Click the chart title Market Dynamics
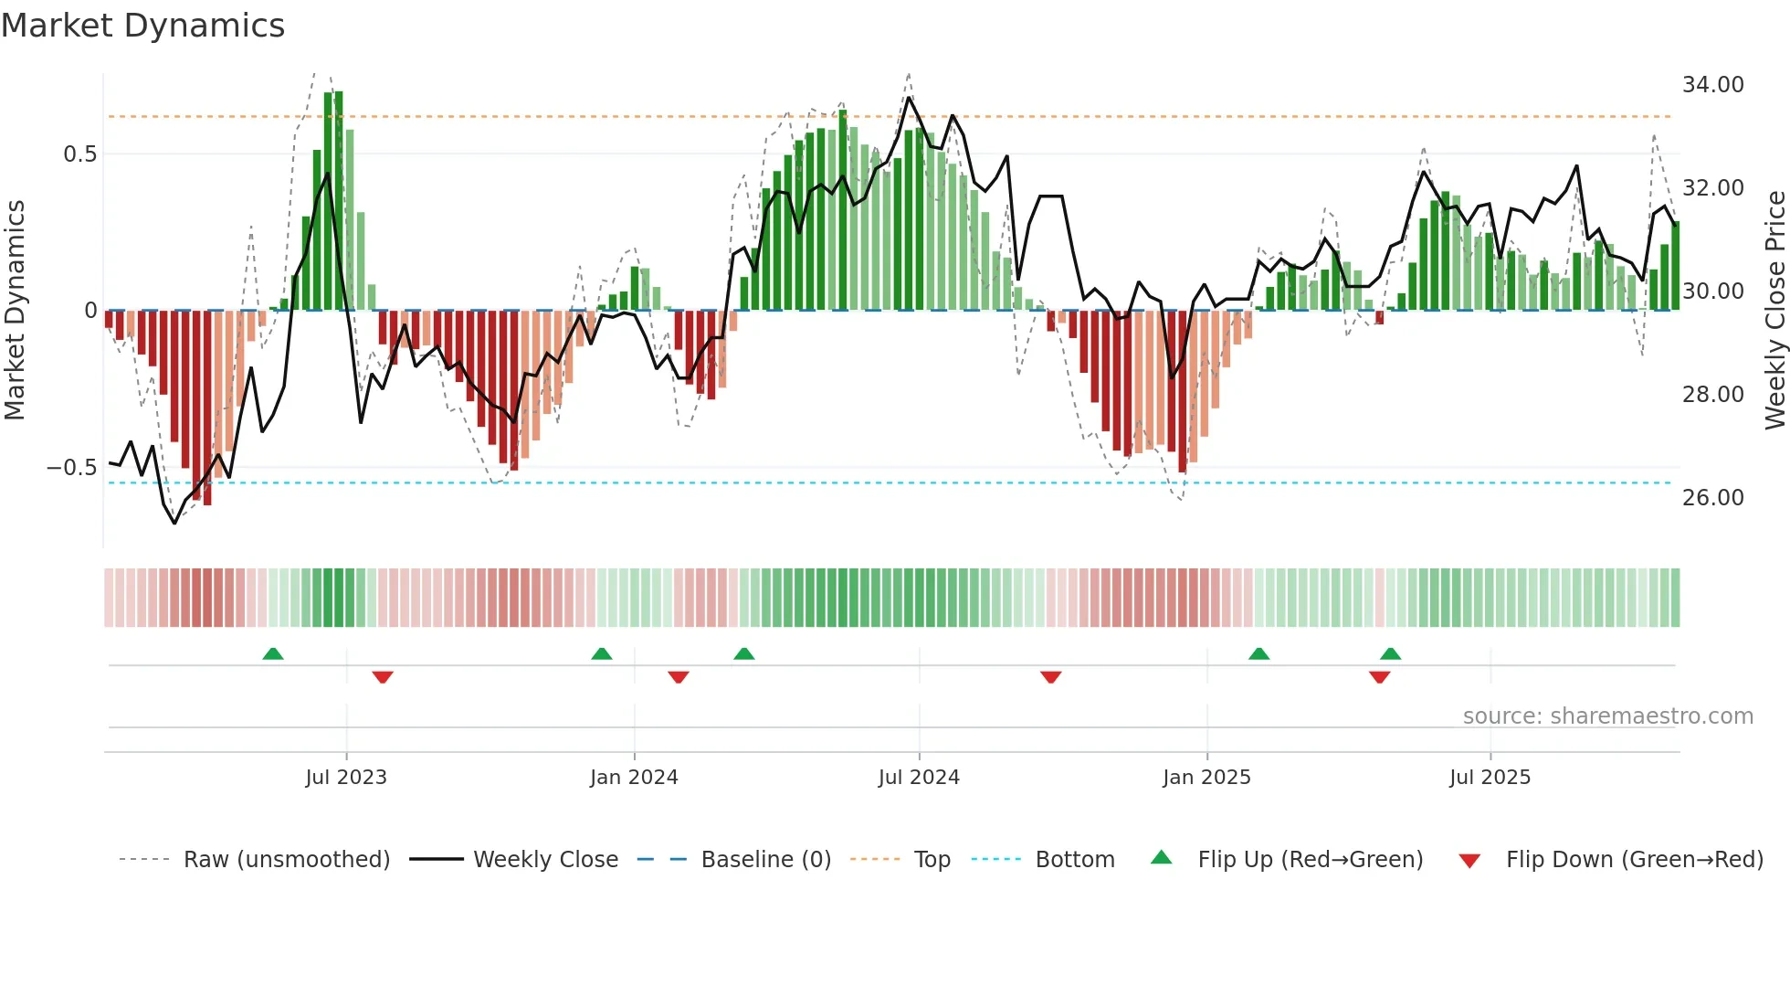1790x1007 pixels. tap(142, 26)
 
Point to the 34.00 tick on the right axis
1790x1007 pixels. tap(1712, 85)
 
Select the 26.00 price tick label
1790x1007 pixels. tap(1712, 498)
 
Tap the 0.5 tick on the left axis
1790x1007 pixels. tap(79, 154)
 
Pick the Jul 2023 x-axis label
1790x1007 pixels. tap(346, 778)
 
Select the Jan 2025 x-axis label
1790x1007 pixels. tap(1206, 778)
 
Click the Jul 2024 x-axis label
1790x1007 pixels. tap(919, 778)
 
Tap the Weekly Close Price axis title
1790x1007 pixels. tap(1774, 311)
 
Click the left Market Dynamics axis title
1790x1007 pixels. tap(15, 311)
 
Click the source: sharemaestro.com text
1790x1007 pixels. tap(1607, 716)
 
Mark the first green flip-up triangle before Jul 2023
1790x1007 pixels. tap(273, 653)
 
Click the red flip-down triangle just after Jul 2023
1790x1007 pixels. tap(383, 677)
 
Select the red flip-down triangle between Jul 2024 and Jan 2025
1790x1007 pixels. tap(1051, 677)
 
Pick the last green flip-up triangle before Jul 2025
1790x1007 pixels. tap(1390, 653)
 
